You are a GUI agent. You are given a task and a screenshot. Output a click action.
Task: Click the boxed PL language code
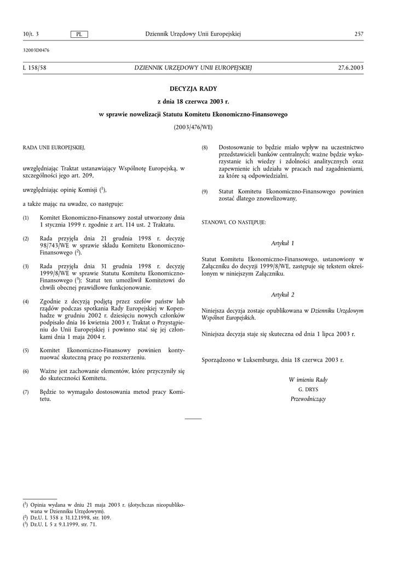pyautogui.click(x=79, y=35)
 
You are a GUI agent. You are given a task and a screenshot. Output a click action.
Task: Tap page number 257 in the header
pyautogui.click(x=359, y=35)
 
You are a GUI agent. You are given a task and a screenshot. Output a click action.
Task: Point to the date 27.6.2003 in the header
pyautogui.click(x=351, y=67)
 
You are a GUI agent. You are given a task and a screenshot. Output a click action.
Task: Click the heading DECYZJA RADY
pyautogui.click(x=193, y=88)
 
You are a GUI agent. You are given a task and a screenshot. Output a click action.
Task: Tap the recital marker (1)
pyautogui.click(x=26, y=218)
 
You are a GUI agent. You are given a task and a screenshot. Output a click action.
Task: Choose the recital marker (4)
pyautogui.click(x=26, y=302)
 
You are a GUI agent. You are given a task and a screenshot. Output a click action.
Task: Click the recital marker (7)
pyautogui.click(x=26, y=392)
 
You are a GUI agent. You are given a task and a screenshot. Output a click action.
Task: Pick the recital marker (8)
pyautogui.click(x=205, y=148)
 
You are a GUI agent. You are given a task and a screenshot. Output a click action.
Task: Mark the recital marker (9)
pyautogui.click(x=205, y=192)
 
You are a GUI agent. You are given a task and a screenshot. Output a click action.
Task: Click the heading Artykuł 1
pyautogui.click(x=283, y=243)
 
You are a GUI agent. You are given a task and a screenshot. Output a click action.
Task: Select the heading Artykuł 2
pyautogui.click(x=283, y=295)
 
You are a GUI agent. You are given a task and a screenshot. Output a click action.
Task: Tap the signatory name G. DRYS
pyautogui.click(x=308, y=390)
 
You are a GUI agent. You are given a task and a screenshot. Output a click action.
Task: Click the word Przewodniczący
pyautogui.click(x=308, y=399)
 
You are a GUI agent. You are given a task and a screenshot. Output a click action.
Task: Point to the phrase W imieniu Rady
pyautogui.click(x=308, y=380)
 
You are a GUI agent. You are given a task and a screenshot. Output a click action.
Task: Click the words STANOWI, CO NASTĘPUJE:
pyautogui.click(x=233, y=222)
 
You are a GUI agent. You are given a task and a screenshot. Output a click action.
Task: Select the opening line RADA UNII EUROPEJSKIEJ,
pyautogui.click(x=54, y=148)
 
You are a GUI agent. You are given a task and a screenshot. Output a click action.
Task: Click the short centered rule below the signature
pyautogui.click(x=193, y=419)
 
